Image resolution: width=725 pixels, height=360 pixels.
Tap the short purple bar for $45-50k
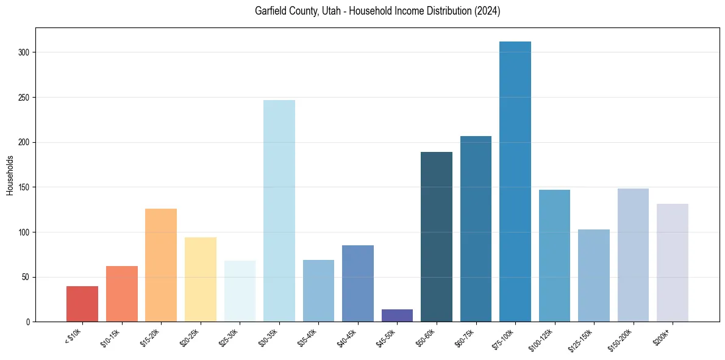point(397,315)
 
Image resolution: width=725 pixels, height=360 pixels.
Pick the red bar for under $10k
point(82,304)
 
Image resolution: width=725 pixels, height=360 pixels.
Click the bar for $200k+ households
point(673,262)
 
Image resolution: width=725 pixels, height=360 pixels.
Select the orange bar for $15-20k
point(161,265)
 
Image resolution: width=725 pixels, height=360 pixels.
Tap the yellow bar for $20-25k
point(201,279)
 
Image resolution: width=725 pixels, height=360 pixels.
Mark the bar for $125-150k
point(594,275)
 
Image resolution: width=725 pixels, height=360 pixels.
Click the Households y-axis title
point(10,175)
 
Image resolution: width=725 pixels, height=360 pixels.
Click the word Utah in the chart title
point(324,12)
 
